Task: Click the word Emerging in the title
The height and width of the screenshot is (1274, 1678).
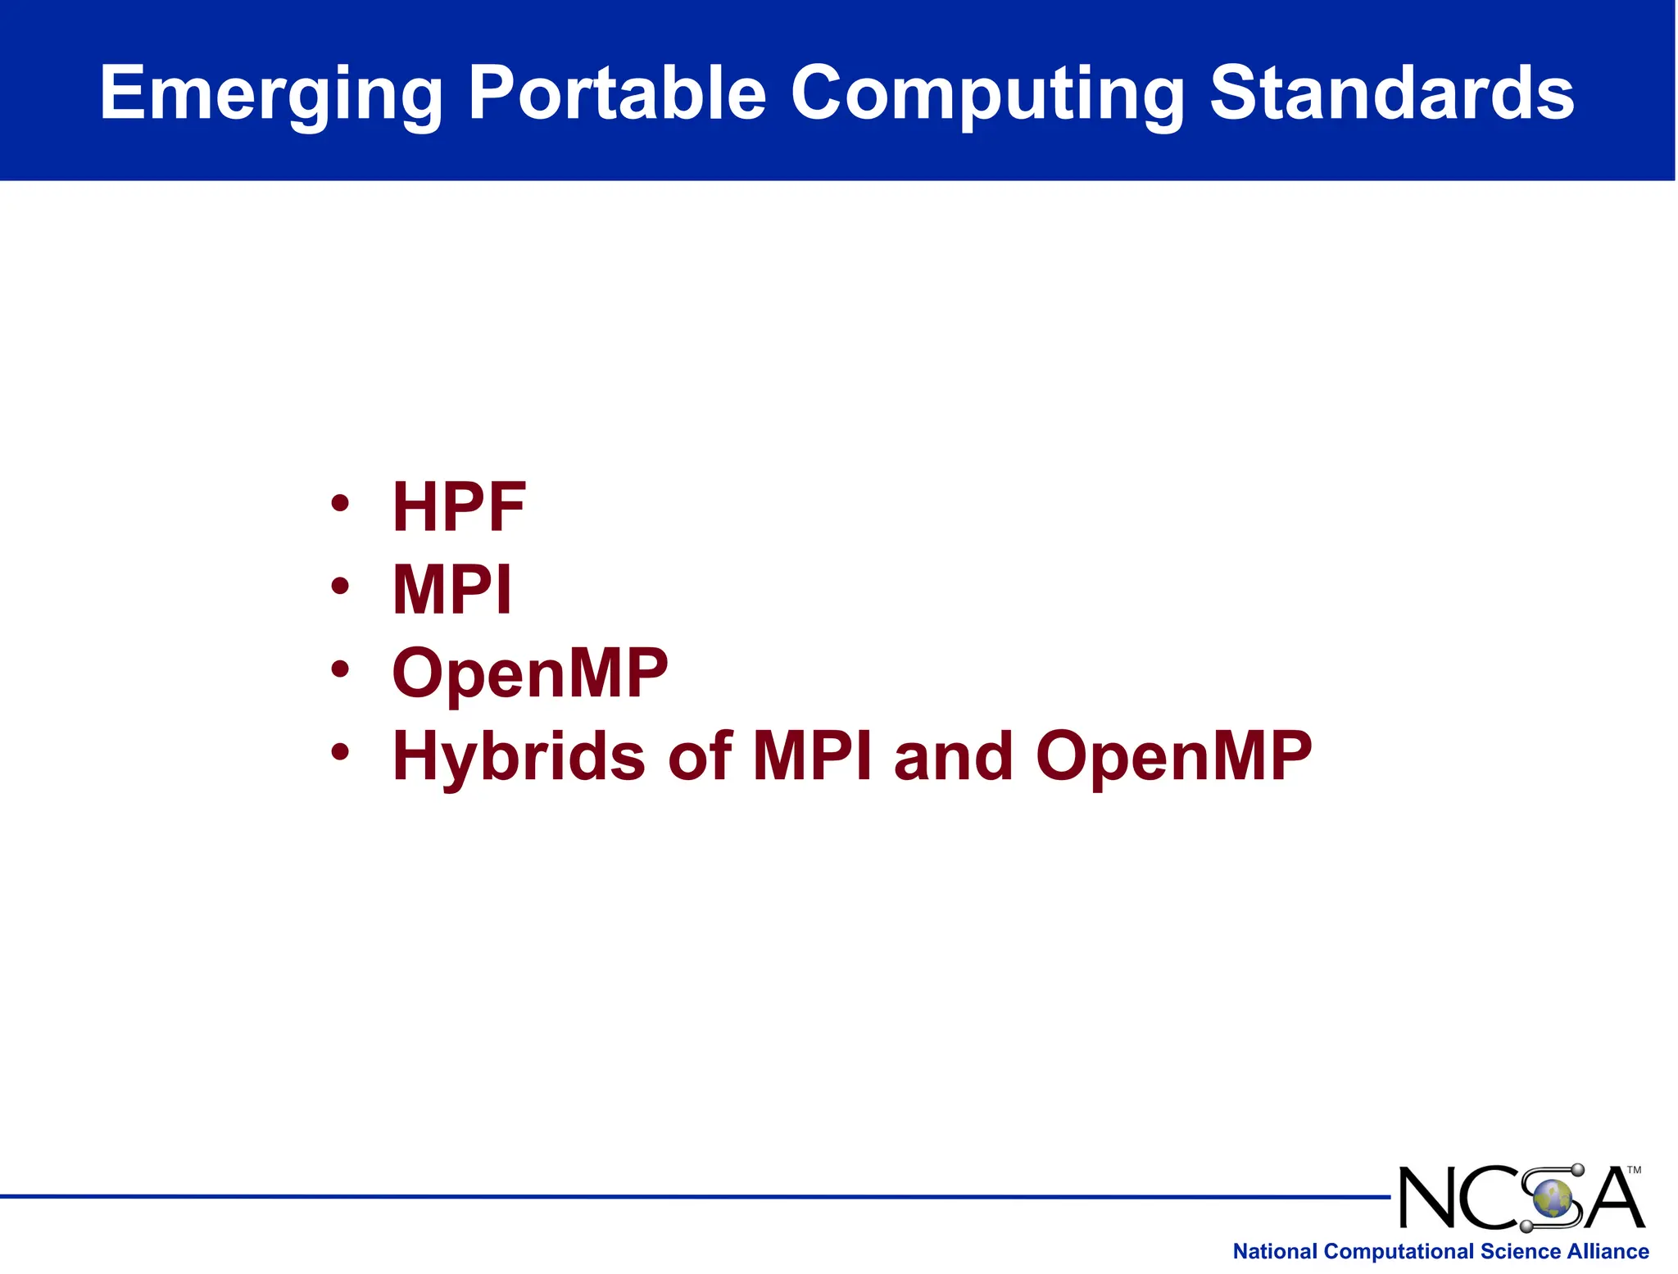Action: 271,94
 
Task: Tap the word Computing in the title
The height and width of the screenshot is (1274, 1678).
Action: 987,94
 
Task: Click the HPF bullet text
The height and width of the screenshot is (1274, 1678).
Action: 459,507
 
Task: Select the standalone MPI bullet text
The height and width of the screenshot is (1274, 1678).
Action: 452,590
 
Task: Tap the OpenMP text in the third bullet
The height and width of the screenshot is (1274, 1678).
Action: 530,673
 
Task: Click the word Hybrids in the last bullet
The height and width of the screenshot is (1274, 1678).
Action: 519,757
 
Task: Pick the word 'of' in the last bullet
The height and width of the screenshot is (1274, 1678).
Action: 699,755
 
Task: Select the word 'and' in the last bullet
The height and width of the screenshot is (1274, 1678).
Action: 954,755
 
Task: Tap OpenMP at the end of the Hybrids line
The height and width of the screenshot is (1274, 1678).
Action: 1173,757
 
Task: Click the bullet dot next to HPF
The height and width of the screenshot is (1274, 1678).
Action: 340,502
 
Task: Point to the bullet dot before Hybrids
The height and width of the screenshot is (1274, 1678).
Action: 340,751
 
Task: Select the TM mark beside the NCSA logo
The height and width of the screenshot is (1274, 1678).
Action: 1634,1170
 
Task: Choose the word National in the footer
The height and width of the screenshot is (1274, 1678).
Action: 1275,1251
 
